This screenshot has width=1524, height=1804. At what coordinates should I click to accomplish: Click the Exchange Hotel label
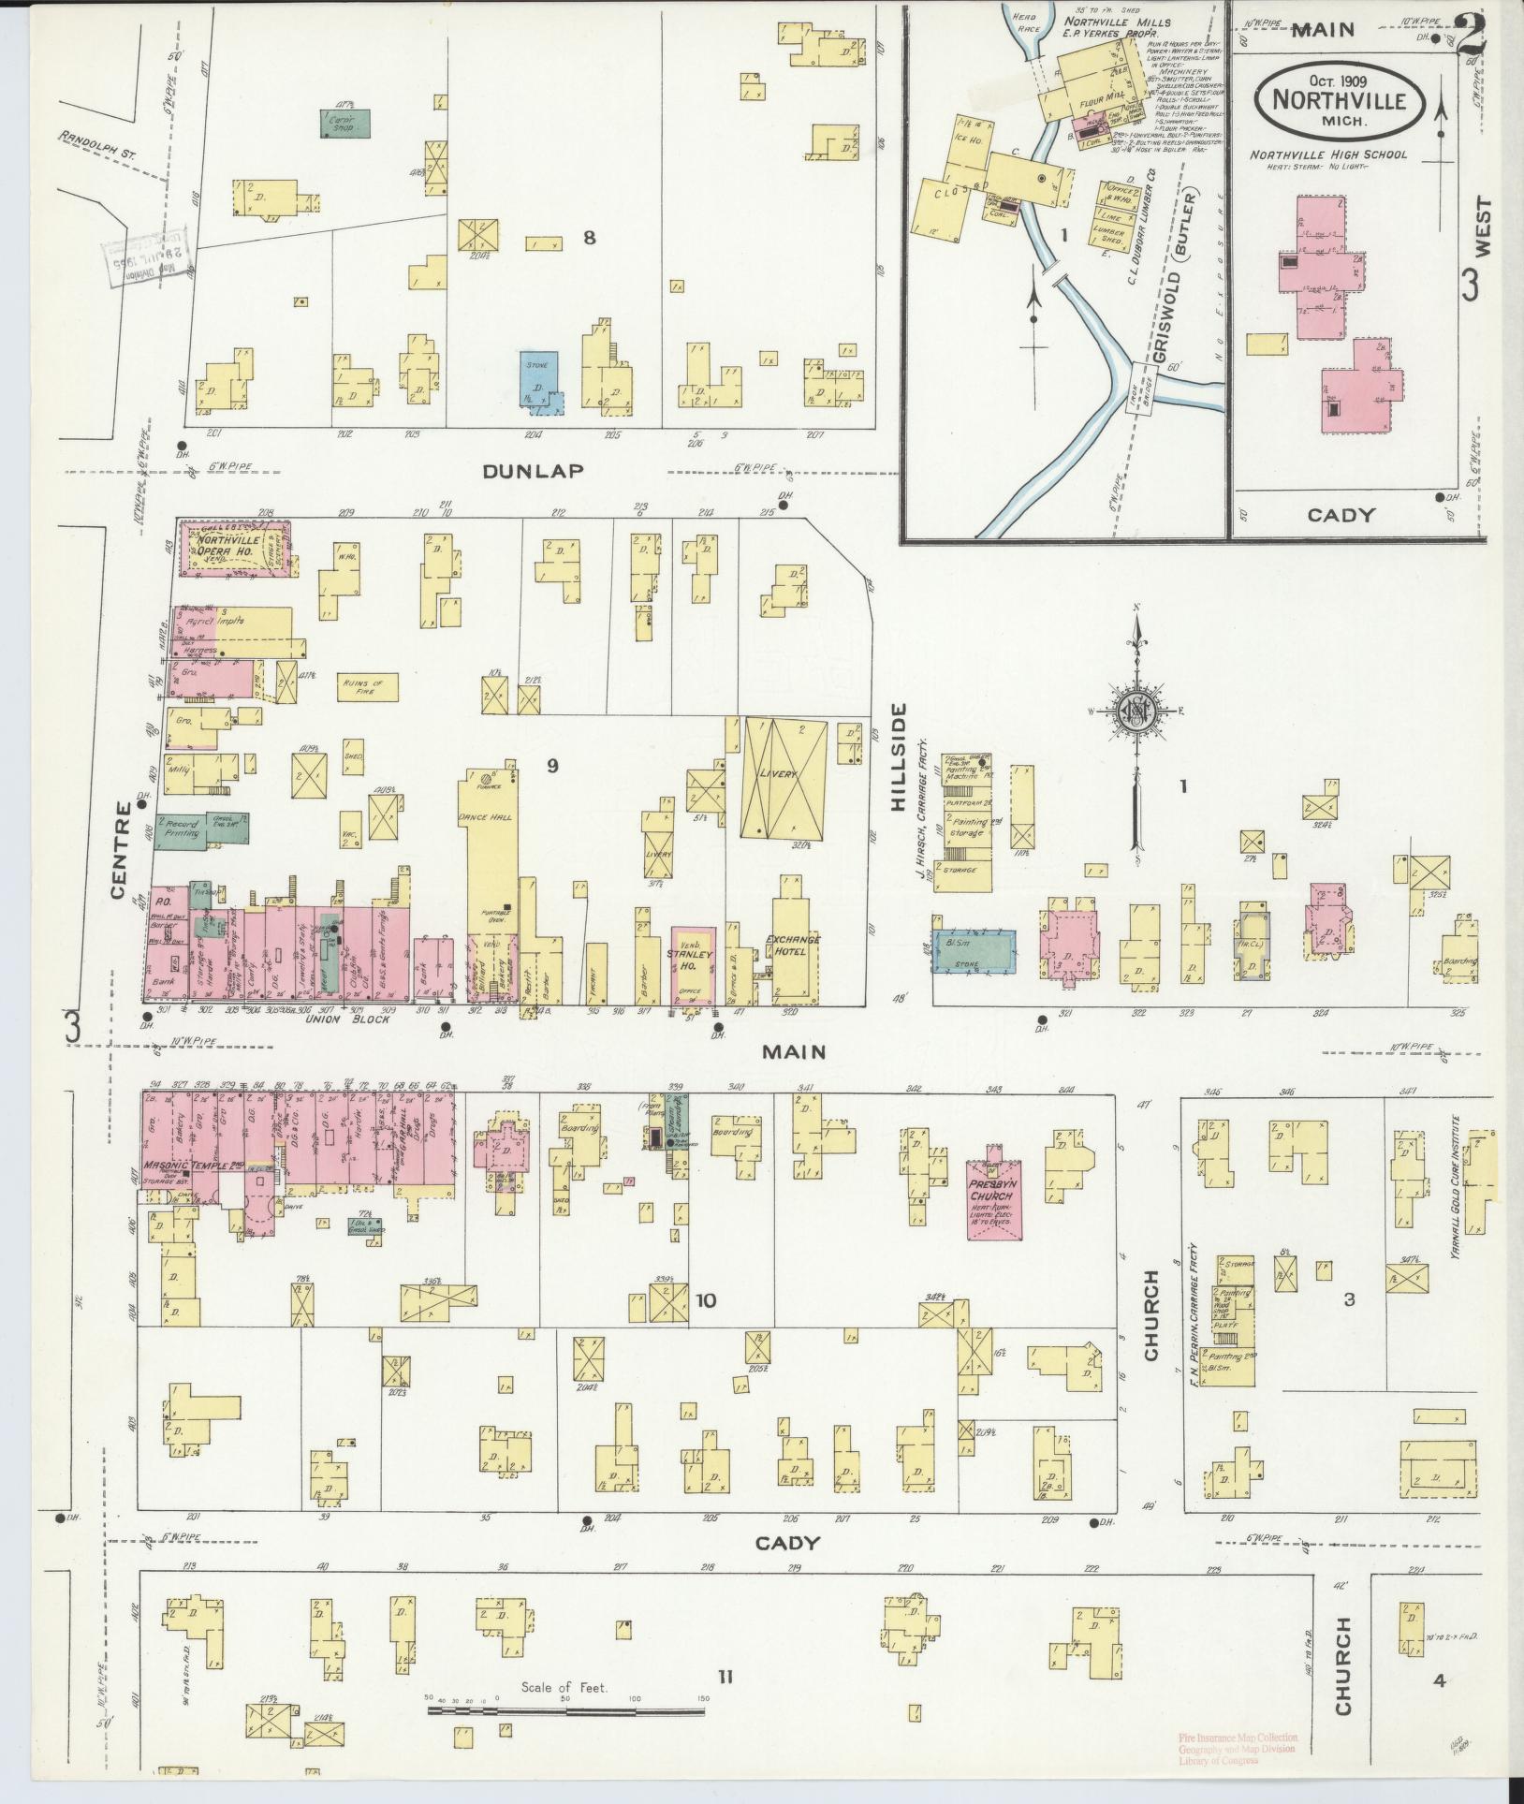(792, 946)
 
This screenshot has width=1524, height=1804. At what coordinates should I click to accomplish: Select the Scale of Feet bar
(565, 1710)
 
